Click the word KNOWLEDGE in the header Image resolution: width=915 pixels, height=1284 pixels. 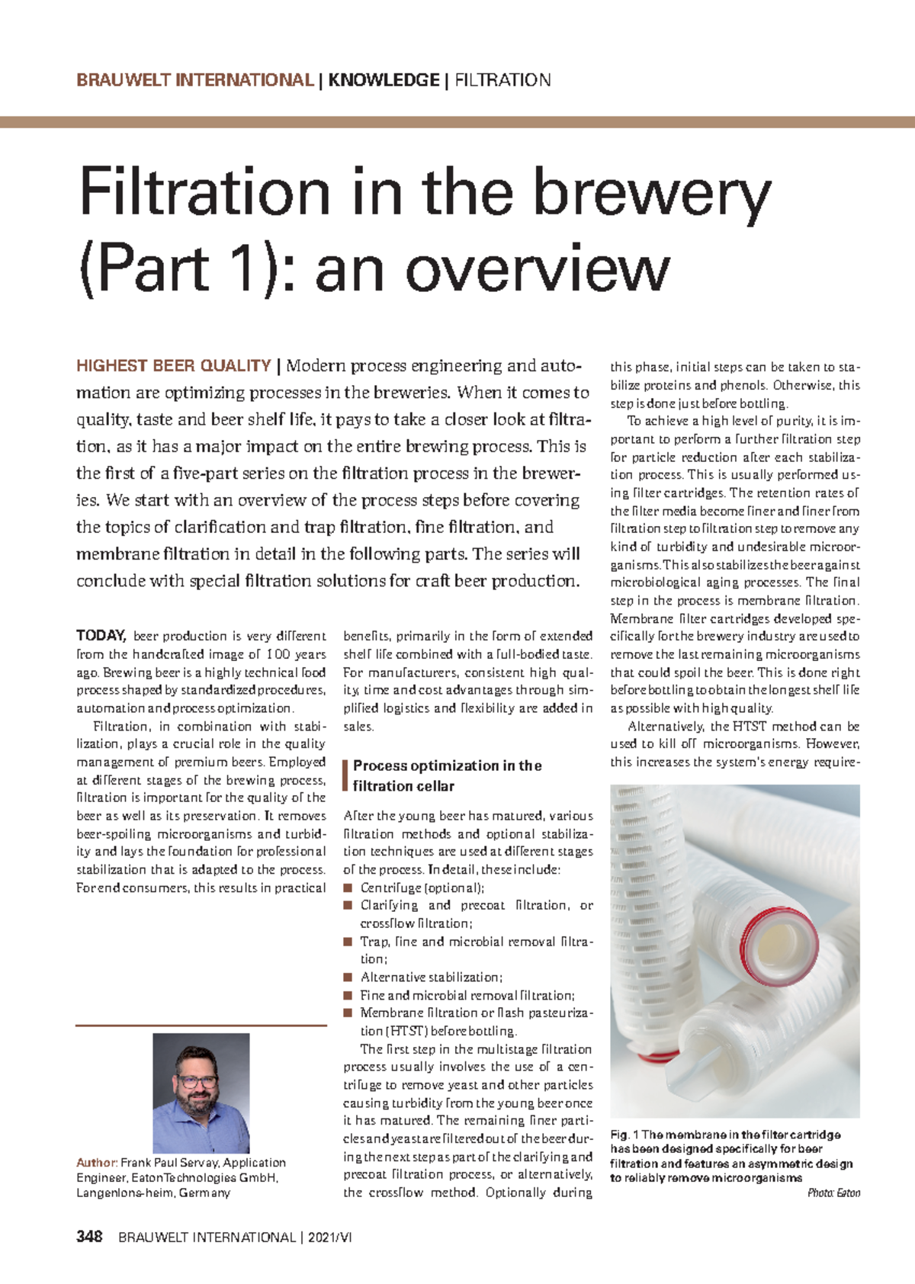pyautogui.click(x=384, y=80)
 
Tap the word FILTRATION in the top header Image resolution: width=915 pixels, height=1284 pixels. pyautogui.click(x=502, y=80)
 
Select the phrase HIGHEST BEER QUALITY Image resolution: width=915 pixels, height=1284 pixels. pyautogui.click(x=174, y=366)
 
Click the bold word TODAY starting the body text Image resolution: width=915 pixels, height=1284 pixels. pyautogui.click(x=100, y=636)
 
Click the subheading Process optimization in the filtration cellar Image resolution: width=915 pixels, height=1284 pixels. pyautogui.click(x=446, y=775)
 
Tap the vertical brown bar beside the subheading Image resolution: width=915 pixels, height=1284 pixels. pyautogui.click(x=346, y=775)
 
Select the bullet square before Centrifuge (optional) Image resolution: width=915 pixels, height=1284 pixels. pyautogui.click(x=348, y=888)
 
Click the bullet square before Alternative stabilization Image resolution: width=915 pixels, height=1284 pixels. pyautogui.click(x=348, y=977)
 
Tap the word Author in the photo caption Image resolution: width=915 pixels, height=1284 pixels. pyautogui.click(x=96, y=1163)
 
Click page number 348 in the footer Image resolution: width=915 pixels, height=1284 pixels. pyautogui.click(x=89, y=1237)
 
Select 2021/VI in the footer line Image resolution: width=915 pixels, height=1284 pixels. pyautogui.click(x=330, y=1237)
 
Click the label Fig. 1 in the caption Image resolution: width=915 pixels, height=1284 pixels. pyautogui.click(x=624, y=1135)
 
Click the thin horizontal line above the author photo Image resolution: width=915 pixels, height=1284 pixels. pyautogui.click(x=201, y=1026)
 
